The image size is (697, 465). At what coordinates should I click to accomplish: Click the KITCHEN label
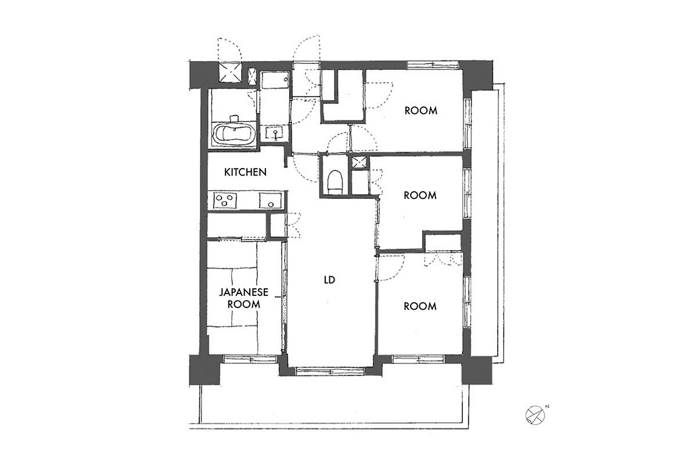point(245,172)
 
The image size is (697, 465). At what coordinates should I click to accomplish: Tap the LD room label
point(329,280)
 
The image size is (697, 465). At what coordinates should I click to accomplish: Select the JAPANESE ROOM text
point(243,298)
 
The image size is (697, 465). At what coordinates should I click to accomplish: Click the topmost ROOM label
point(421,110)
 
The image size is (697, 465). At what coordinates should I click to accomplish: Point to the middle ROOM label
point(420,195)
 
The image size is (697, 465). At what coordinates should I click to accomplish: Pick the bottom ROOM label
point(420,306)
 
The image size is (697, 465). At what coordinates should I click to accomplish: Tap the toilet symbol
point(336,181)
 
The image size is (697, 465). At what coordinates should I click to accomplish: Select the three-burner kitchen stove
point(225,201)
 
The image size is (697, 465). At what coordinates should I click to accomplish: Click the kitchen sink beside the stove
point(271,201)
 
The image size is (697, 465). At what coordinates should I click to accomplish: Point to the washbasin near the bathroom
point(274,133)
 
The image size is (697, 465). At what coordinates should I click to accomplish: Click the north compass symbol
point(535,415)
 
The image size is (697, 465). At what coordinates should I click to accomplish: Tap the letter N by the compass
point(547,406)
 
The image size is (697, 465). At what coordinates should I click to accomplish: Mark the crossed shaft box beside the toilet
point(360,162)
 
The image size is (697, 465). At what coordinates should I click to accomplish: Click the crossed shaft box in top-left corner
point(230,73)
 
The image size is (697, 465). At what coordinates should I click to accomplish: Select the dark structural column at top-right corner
point(477,75)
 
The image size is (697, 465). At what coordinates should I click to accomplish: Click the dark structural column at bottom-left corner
point(204,370)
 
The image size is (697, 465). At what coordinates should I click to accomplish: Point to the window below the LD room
point(330,371)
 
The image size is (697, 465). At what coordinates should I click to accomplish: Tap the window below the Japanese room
point(250,359)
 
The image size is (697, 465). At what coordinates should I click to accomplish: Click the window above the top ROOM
point(433,65)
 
